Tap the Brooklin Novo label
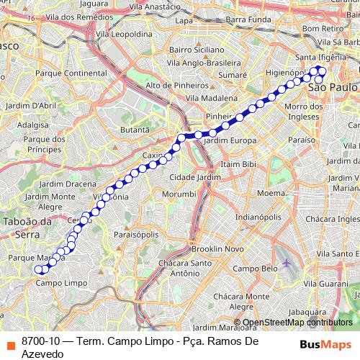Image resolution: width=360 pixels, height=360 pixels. [215, 248]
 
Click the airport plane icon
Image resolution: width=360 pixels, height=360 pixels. [289, 263]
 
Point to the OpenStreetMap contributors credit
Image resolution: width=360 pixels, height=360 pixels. [296, 323]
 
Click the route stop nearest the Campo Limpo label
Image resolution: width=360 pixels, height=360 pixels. [39, 270]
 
